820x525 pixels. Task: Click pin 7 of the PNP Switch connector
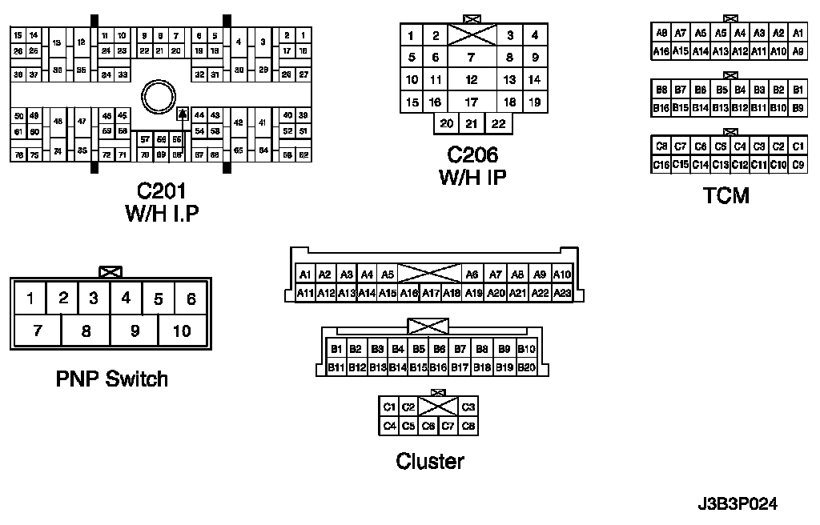37,331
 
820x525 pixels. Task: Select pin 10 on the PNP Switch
182,331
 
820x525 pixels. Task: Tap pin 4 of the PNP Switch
126,299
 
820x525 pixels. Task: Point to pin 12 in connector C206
472,79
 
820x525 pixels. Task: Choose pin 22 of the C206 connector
498,123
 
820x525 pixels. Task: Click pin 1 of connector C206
411,35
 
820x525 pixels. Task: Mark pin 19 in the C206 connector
534,102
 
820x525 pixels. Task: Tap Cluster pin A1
305,275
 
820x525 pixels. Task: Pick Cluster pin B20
526,367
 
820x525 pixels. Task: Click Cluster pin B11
336,367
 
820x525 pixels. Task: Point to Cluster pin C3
468,407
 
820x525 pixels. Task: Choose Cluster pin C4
389,426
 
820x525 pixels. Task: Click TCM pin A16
661,51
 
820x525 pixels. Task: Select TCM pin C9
798,165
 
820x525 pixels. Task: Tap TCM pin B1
798,90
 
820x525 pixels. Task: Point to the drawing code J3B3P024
737,504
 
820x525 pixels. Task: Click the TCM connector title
726,195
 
